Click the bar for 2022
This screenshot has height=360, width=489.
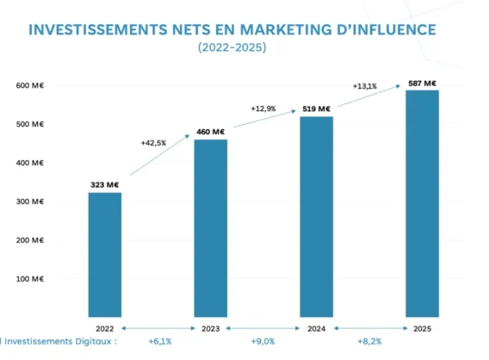click(105, 255)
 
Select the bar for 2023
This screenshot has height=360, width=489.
click(211, 228)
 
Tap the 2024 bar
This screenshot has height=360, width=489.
click(317, 217)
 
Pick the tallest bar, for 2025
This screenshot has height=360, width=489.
click(422, 203)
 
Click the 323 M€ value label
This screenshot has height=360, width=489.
click(105, 184)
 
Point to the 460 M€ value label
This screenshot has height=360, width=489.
click(211, 132)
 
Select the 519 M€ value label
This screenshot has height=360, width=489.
click(316, 109)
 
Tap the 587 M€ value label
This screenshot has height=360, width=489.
click(422, 84)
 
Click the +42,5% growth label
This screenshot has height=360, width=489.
click(153, 143)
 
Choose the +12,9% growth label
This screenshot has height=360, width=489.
click(263, 109)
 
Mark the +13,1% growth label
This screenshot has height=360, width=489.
click(365, 86)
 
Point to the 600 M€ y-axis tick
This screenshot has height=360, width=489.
click(30, 85)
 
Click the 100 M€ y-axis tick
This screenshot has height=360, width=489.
click(30, 278)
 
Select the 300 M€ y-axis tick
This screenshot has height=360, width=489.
click(30, 202)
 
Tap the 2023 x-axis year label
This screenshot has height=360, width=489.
click(211, 328)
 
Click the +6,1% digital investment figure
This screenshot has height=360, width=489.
click(160, 341)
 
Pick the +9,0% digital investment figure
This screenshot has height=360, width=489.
click(263, 341)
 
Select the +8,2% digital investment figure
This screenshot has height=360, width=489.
click(369, 341)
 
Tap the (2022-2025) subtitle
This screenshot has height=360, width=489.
click(232, 47)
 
